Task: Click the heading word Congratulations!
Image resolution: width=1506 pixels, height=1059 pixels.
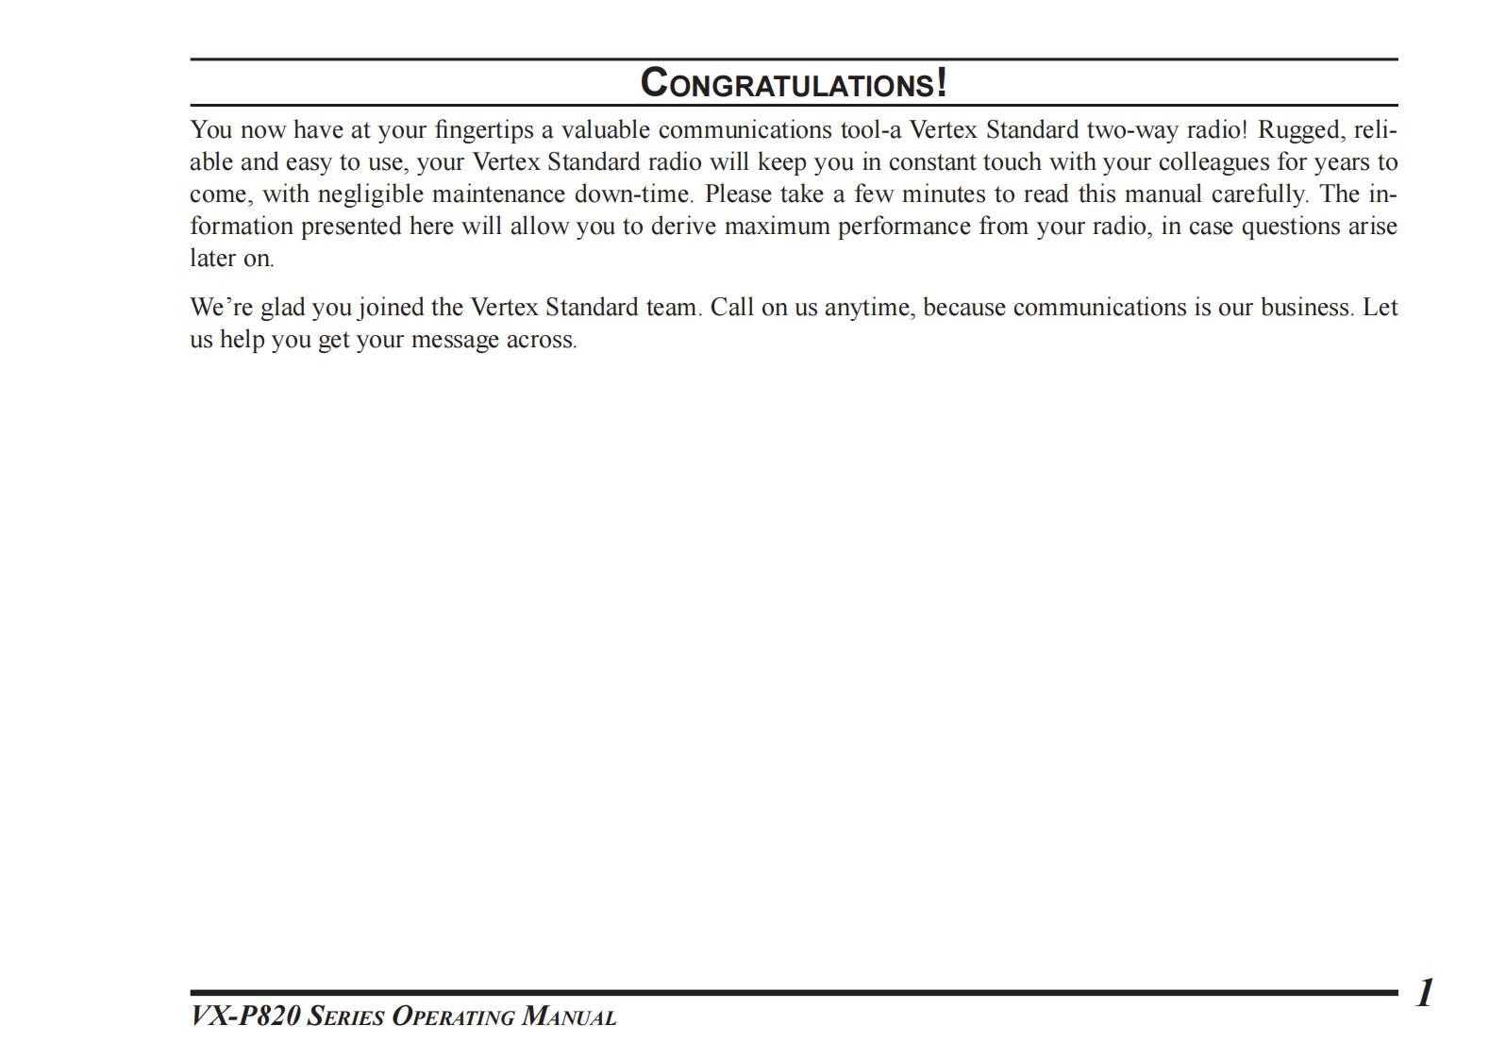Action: click(794, 83)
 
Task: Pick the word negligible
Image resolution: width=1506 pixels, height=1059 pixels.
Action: click(370, 194)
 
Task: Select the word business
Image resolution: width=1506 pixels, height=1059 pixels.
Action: click(1308, 308)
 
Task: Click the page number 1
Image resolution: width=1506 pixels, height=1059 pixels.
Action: click(1424, 993)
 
